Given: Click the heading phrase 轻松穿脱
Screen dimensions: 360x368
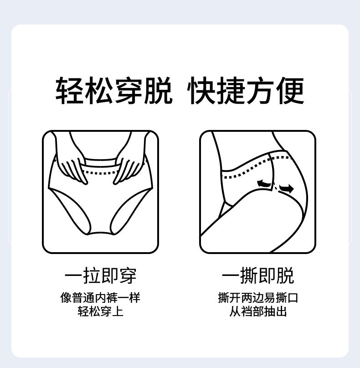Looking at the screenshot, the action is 114,90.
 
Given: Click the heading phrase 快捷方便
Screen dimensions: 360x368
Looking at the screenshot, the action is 246,90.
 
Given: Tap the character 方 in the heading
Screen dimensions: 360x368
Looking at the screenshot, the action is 260,90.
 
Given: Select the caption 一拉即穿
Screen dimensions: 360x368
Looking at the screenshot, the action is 100,275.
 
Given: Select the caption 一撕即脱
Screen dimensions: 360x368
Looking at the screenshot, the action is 258,275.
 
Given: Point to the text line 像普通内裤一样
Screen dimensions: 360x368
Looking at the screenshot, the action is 100,298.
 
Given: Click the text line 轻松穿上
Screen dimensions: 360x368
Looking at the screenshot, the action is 100,311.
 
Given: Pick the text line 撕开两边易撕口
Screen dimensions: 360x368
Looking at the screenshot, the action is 258,298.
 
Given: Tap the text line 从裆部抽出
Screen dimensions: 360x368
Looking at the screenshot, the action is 258,311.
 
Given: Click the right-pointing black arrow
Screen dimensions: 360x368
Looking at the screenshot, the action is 286,188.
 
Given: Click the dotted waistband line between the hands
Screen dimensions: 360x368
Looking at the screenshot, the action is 100,173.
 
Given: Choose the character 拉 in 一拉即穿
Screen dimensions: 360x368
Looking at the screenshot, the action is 92,275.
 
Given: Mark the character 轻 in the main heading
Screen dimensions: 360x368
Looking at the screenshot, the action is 69,90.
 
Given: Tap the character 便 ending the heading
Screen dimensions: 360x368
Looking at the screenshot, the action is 290,90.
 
